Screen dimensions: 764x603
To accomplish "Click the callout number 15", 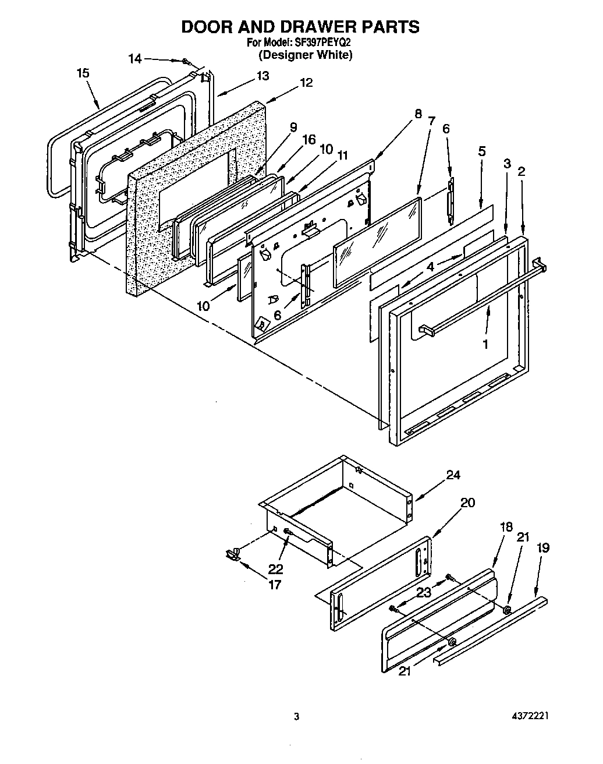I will click(x=83, y=73).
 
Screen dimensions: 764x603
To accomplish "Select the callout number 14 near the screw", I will click(x=134, y=58).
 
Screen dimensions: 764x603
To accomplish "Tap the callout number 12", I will click(x=306, y=83).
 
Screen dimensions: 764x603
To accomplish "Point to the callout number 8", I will click(x=417, y=114).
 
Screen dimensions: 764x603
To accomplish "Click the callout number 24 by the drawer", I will click(x=453, y=475).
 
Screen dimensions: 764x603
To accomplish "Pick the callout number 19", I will click(x=543, y=548).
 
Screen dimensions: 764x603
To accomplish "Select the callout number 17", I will click(x=274, y=585).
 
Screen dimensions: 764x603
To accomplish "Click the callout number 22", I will click(x=275, y=568).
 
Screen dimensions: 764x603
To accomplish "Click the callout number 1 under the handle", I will click(x=485, y=344).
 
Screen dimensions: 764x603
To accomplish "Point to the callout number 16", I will click(x=309, y=140).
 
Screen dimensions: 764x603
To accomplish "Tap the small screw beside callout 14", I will click(x=186, y=61).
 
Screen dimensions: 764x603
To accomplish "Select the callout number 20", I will click(x=467, y=503).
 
